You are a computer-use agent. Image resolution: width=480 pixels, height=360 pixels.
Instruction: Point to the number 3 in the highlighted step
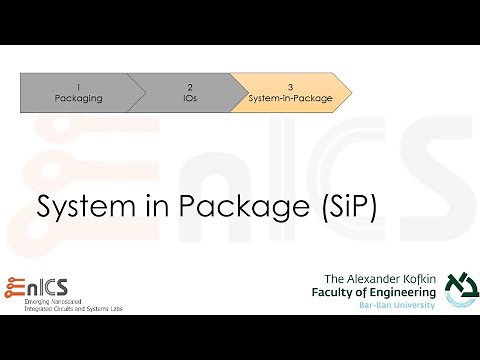[289, 86]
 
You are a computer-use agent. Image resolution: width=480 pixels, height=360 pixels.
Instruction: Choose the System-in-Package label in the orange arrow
[289, 98]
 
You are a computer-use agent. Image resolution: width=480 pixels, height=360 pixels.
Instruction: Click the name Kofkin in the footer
[411, 277]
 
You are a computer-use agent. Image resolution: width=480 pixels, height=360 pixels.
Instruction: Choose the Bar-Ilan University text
[397, 304]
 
